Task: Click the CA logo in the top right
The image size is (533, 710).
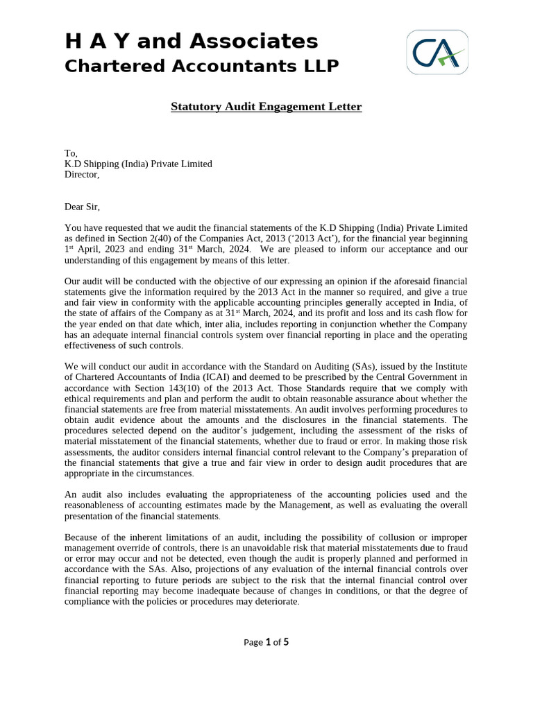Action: tap(437, 52)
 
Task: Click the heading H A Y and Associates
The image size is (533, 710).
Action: tap(192, 42)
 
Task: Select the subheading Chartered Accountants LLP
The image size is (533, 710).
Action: tap(201, 67)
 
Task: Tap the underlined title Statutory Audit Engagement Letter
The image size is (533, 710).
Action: tap(266, 107)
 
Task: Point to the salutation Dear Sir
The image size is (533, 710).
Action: tap(87, 206)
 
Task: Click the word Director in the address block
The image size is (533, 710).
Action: tap(81, 175)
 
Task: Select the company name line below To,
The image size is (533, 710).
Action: tap(138, 164)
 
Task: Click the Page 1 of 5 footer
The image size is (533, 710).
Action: tap(266, 642)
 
